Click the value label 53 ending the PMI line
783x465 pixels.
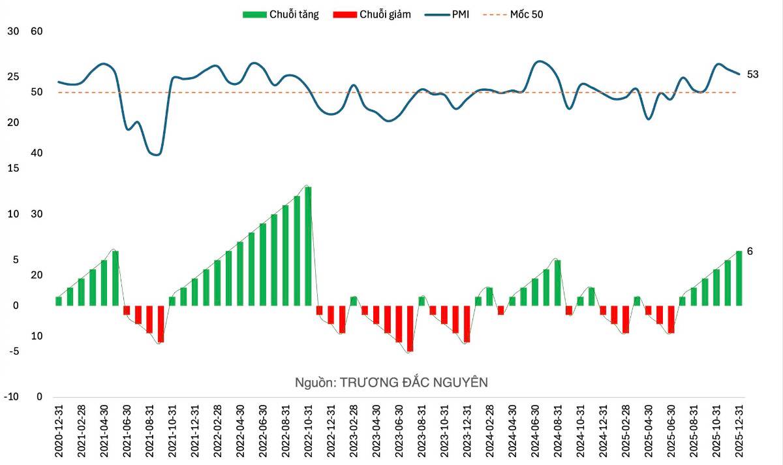click(x=752, y=74)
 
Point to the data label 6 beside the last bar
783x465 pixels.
click(x=750, y=251)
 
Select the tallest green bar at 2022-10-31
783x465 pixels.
click(x=308, y=246)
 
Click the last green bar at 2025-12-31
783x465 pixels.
click(x=739, y=278)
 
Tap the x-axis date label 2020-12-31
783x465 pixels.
click(x=59, y=432)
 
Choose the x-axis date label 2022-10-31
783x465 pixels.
click(x=308, y=432)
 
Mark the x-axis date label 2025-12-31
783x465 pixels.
click(x=739, y=432)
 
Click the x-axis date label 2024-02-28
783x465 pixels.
click(x=489, y=432)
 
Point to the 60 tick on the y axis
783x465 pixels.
click(x=37, y=31)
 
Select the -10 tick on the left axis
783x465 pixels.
click(x=12, y=397)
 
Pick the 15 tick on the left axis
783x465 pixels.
click(x=14, y=168)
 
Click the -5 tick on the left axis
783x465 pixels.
click(x=14, y=351)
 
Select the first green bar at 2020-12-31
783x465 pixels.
click(x=59, y=301)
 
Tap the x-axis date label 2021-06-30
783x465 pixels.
click(x=127, y=432)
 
